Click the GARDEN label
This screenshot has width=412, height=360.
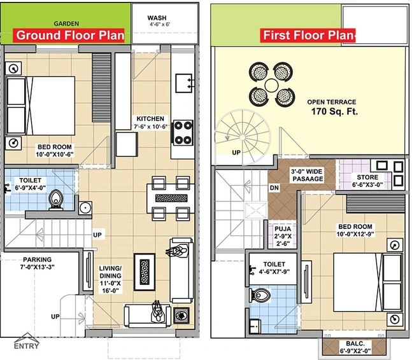tap(66, 24)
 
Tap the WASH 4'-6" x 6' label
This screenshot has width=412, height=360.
tap(157, 21)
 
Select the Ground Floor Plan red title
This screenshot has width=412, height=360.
tap(70, 35)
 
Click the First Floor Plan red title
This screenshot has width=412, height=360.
tap(308, 35)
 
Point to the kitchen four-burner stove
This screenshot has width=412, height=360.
tap(183, 133)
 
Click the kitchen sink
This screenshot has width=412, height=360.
tap(183, 83)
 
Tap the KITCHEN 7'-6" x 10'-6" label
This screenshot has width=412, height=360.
tap(151, 123)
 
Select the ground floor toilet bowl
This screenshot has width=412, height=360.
tap(56, 200)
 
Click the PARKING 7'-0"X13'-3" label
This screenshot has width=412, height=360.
tap(38, 263)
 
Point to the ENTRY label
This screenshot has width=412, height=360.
tap(26, 346)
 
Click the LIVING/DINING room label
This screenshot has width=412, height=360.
tap(110, 279)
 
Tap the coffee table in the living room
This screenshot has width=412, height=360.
tap(145, 272)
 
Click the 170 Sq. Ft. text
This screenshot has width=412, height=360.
tap(334, 111)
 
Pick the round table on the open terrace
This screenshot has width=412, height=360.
tap(271, 85)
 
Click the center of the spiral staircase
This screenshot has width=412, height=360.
tap(242, 137)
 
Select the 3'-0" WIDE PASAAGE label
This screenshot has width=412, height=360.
tap(308, 176)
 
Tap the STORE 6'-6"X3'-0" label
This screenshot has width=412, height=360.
tap(367, 181)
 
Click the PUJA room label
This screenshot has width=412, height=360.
tap(283, 236)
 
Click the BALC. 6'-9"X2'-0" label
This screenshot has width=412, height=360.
tap(355, 347)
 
